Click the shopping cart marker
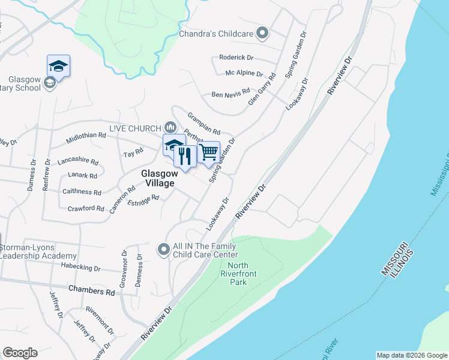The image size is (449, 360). (209, 152)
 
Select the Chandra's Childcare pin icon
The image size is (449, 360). (262, 34)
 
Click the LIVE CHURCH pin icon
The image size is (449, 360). (170, 127)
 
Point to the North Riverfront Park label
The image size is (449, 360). (238, 274)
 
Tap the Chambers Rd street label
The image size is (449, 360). (91, 290)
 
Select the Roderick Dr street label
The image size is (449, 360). (237, 58)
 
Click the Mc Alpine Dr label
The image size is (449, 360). (244, 73)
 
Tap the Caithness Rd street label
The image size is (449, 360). (82, 192)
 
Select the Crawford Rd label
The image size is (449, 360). (86, 208)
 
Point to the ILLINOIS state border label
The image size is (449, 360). (407, 265)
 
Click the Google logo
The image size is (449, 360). (20, 353)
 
